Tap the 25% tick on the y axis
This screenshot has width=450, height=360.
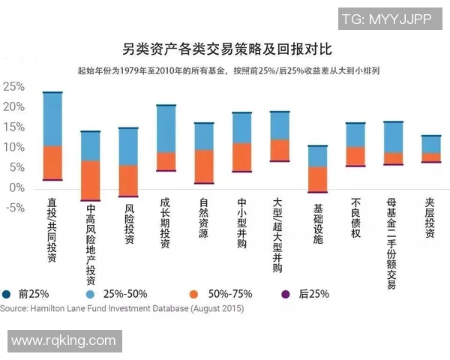13,86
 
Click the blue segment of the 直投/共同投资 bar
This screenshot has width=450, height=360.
52,119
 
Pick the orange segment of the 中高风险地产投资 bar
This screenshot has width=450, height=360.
91,180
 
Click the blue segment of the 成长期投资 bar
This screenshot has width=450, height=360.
166,129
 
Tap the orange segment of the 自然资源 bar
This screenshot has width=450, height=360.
204,166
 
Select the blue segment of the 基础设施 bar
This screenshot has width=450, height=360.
317,156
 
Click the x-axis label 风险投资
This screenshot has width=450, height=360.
129,223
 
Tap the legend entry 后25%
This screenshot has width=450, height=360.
307,294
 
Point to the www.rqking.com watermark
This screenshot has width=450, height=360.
63,341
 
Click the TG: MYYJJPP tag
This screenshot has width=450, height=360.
386,19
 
